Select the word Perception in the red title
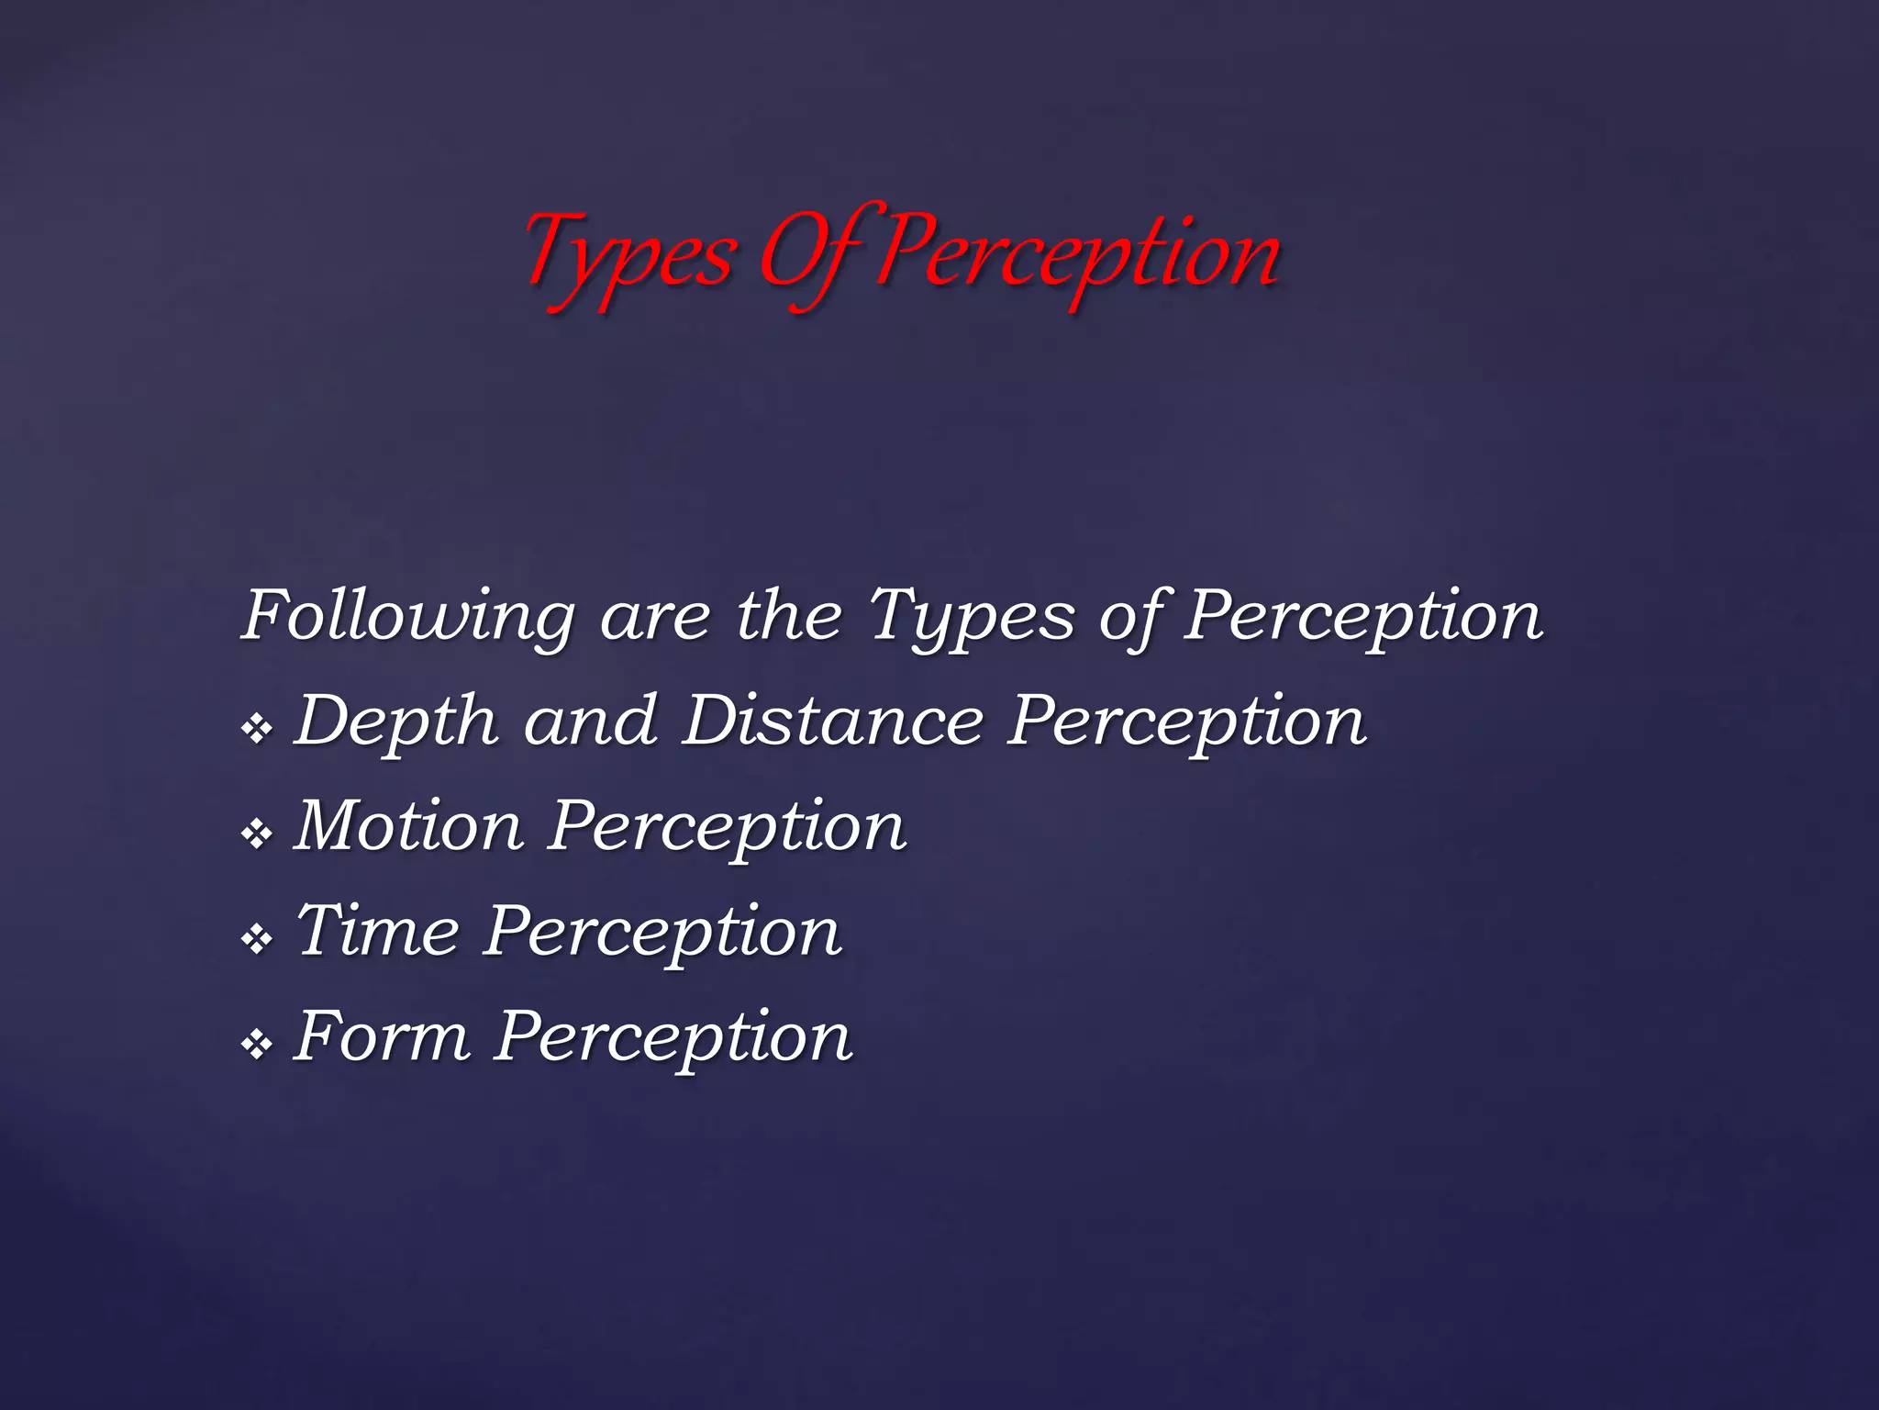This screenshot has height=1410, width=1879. (1079, 255)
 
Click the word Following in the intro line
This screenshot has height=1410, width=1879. (408, 617)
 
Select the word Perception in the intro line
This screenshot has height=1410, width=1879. (1363, 617)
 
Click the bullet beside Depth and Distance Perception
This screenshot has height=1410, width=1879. (257, 729)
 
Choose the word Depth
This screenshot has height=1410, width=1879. (397, 723)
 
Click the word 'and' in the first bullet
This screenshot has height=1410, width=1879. (590, 722)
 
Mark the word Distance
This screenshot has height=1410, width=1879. (833, 722)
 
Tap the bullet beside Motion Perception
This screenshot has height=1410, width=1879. (257, 834)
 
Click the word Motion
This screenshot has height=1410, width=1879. (409, 826)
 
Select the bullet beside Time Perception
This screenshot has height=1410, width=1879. (257, 938)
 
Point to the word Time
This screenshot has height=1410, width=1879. (377, 931)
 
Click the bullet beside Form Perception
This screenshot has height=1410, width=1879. (257, 1044)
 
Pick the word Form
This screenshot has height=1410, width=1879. (383, 1036)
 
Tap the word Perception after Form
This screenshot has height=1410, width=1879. (674, 1038)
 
